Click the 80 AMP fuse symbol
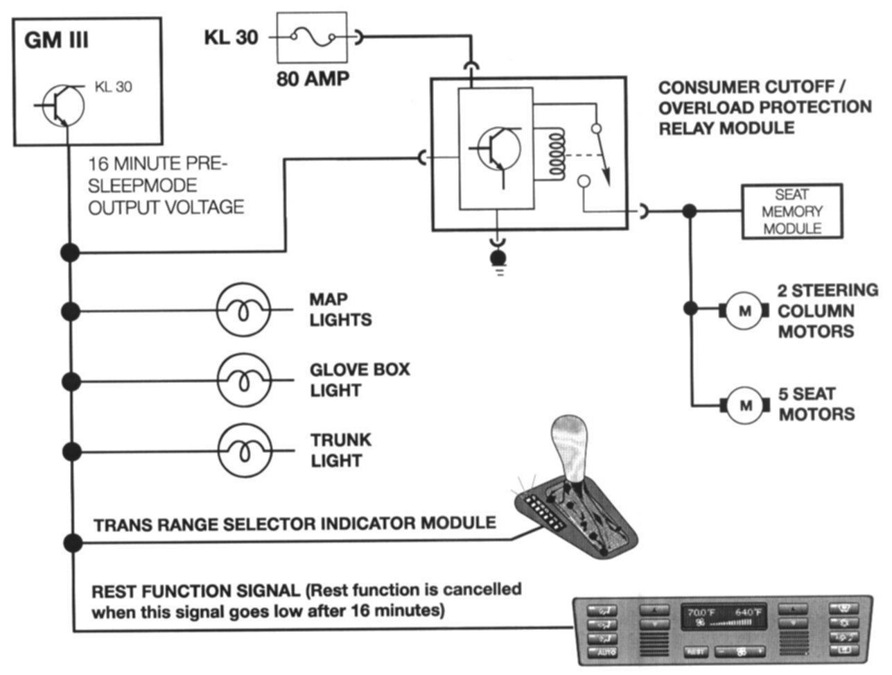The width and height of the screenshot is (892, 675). tap(312, 37)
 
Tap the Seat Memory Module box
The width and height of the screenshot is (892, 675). tap(792, 212)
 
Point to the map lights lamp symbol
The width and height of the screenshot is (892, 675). tap(243, 310)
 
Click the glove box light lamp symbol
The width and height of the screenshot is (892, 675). tap(243, 380)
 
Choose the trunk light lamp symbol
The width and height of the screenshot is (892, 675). tap(243, 451)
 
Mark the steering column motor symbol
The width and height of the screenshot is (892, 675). tap(745, 311)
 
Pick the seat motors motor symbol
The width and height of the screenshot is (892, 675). tap(745, 404)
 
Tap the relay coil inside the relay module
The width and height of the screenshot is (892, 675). tap(554, 154)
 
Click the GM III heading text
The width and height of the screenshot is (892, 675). tap(56, 40)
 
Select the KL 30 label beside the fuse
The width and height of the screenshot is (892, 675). tap(230, 37)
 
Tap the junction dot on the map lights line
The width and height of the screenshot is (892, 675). tap(70, 310)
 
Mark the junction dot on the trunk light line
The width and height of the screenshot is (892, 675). tap(70, 451)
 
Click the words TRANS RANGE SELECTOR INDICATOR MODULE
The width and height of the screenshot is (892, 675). tap(295, 523)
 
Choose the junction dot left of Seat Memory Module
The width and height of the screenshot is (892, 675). tap(689, 211)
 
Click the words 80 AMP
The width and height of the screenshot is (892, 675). tap(313, 78)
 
